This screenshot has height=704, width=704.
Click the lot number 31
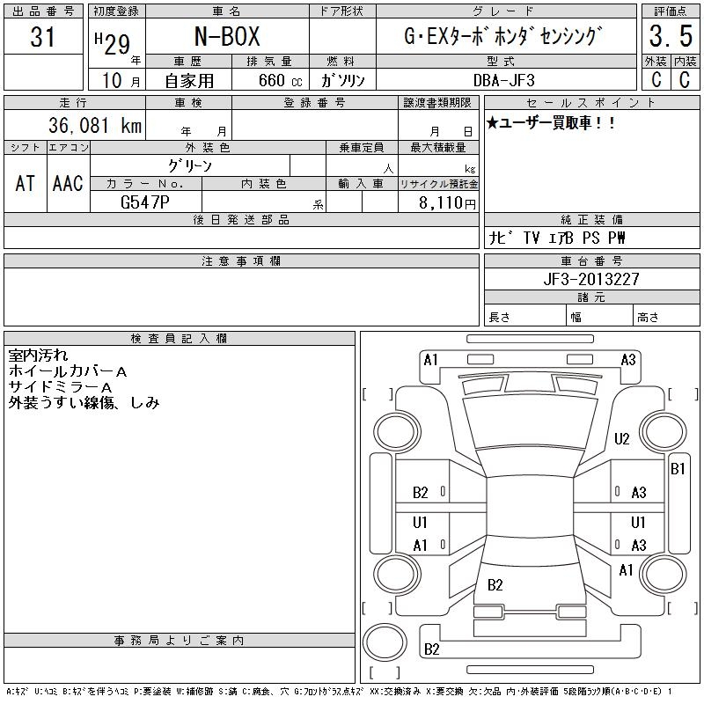coord(42,37)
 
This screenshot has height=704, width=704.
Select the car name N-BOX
coord(227,37)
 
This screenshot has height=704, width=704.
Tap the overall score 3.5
coord(671,36)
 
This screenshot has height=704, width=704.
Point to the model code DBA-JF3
coord(503,80)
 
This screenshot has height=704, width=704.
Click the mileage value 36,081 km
coord(95,125)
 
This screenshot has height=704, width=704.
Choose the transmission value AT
coord(26,183)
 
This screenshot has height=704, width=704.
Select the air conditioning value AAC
coord(68,183)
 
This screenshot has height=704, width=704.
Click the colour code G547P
coord(145,202)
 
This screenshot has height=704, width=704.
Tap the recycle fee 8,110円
coord(447,203)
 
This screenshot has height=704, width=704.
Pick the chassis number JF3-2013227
coord(591,279)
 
